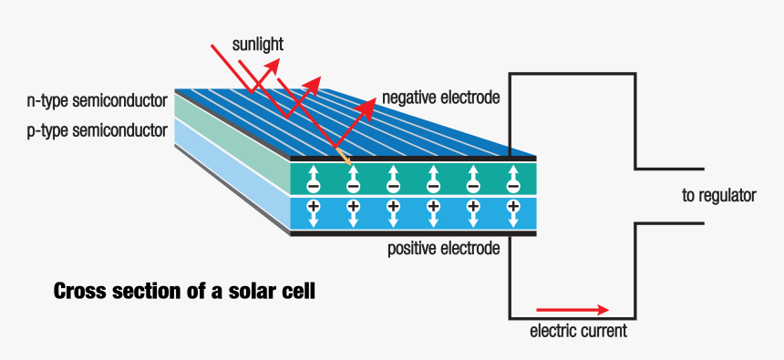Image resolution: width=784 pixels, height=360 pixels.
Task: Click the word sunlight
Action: (x=257, y=43)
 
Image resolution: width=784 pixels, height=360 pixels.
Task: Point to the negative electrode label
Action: (x=441, y=97)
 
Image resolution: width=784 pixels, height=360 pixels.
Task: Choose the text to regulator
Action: (x=720, y=195)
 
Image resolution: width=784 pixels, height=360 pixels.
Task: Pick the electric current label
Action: (x=578, y=330)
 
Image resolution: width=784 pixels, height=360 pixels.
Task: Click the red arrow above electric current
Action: (x=571, y=309)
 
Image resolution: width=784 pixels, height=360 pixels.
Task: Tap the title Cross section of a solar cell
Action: (x=185, y=293)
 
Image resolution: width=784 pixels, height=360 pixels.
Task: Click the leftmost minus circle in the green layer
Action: (x=313, y=186)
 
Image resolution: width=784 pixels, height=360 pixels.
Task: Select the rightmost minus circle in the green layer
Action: (x=513, y=186)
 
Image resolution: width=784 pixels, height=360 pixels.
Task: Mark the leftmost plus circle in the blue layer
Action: (x=313, y=206)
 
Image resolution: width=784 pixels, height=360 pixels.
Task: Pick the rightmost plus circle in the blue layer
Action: (x=513, y=206)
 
